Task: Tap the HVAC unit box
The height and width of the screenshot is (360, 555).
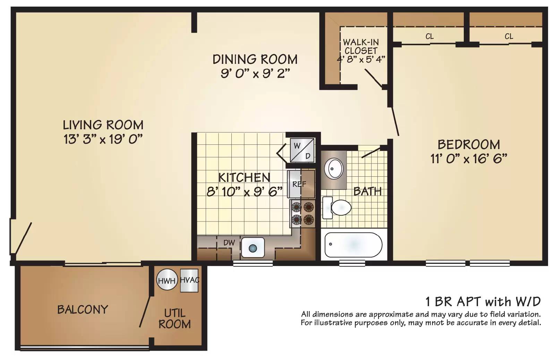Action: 189,281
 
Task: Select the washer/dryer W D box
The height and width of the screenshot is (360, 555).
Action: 302,151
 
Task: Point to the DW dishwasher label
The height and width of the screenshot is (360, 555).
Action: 229,242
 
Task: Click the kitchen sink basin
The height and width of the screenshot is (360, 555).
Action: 253,248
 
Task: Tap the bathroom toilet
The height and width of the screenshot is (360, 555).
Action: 337,208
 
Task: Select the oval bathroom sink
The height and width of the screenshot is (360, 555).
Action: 334,169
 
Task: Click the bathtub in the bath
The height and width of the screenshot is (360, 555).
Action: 353,245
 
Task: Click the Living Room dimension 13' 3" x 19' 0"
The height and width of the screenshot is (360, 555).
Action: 103,139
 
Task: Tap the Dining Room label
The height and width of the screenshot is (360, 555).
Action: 255,59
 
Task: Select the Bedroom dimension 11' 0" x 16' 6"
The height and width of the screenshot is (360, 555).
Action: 469,159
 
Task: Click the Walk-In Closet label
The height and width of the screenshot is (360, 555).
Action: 361,47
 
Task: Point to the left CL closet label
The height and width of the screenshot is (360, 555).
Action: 429,36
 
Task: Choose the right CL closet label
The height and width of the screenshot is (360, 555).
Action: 509,36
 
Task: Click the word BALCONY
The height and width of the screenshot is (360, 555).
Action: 83,309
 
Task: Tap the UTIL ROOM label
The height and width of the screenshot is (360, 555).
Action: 175,319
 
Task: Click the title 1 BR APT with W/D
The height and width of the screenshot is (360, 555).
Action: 483,301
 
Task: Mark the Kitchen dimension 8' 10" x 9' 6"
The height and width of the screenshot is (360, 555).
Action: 244,191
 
